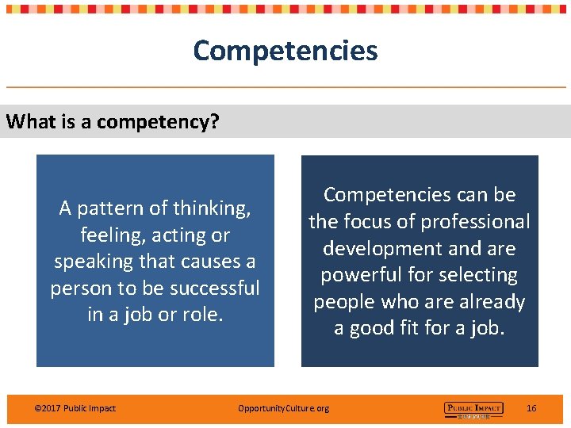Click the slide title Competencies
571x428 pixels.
(x=285, y=51)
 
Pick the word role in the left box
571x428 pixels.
(x=200, y=315)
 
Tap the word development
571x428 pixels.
(x=383, y=248)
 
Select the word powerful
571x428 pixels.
(x=361, y=275)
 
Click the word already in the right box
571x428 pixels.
(x=490, y=302)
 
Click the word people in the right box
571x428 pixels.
(x=346, y=302)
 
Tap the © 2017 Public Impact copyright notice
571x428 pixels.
(x=75, y=408)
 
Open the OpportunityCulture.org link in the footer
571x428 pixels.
(x=283, y=408)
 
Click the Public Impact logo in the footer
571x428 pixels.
(x=473, y=409)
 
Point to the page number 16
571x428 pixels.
(x=531, y=408)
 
